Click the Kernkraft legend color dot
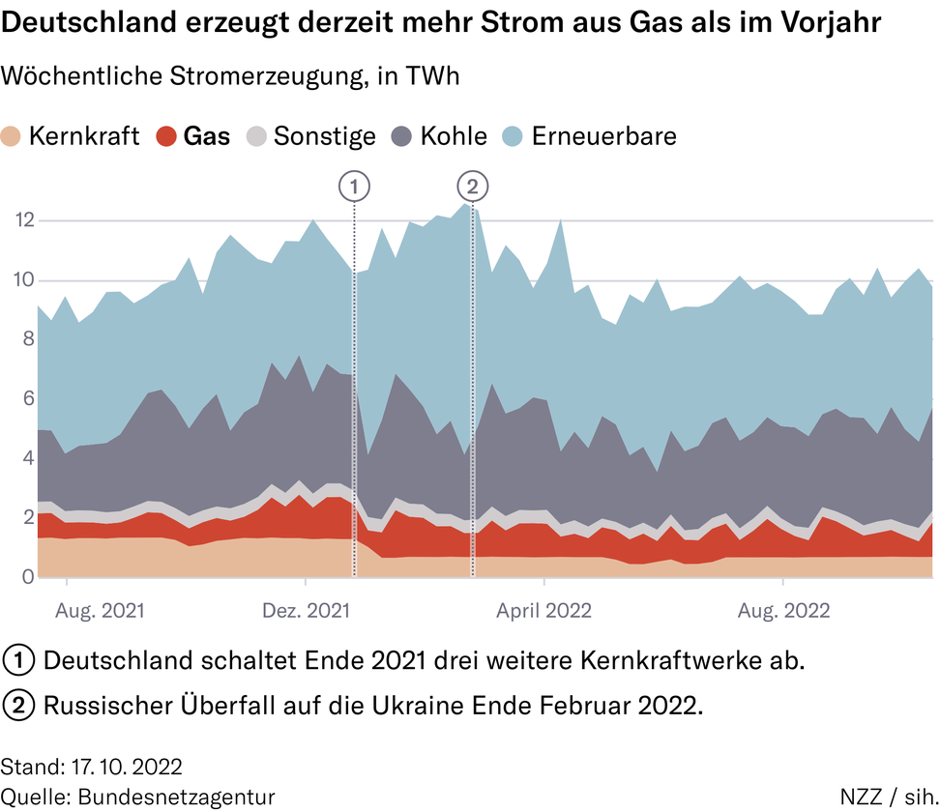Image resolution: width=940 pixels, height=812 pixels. coord(13,136)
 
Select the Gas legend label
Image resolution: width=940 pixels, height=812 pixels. coord(207,136)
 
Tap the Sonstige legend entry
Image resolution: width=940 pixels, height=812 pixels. coord(324,136)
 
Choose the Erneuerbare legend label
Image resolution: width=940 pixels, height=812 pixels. coord(603,136)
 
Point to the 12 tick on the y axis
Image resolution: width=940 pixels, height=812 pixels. coord(23,220)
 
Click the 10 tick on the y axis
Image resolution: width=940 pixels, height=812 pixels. coord(23,280)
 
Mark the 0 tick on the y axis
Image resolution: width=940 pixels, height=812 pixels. coord(27,578)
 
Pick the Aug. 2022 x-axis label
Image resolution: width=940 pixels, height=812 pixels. coord(783,611)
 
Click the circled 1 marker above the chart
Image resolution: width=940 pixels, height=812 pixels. coord(355,186)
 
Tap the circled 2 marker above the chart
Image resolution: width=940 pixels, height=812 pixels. coord(472,186)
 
